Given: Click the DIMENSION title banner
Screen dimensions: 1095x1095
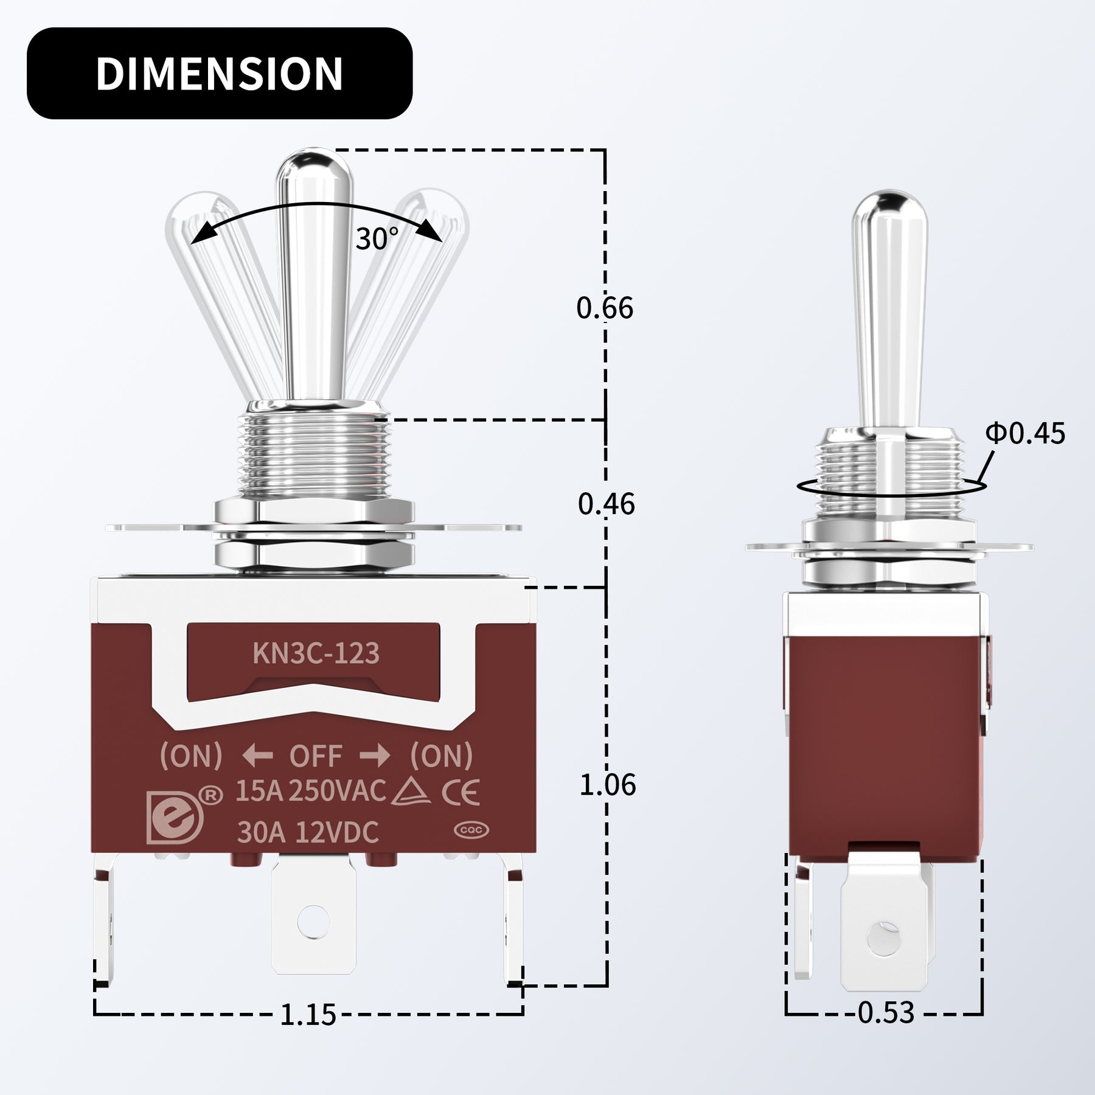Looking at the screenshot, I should point(219,73).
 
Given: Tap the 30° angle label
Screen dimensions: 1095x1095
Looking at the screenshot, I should point(377,239).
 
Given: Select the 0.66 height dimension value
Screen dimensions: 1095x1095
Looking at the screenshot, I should point(605,308).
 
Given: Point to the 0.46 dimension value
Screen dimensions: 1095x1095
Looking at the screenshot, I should point(606,504).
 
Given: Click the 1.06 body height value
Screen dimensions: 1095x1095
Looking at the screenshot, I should point(607,785).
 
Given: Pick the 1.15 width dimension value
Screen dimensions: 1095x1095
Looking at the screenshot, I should point(308,1015).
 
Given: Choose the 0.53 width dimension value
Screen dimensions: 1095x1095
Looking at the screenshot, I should point(886,1013).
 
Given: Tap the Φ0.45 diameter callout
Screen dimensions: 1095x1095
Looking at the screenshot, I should point(1025,434).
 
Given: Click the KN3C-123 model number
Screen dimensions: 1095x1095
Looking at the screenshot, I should point(316,654).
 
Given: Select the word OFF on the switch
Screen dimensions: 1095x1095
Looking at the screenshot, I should point(316,756).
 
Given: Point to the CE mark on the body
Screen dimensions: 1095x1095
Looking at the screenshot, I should point(461,792).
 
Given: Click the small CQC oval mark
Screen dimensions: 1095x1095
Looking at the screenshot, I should point(471,830).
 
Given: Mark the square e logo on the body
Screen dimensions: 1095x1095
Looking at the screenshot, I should point(174,817).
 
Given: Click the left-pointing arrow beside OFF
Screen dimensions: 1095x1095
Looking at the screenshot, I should point(257,756).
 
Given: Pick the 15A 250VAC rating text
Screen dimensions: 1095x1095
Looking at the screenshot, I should point(310,791).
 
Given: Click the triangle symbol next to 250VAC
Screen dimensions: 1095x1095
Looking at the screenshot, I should point(412,792).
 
